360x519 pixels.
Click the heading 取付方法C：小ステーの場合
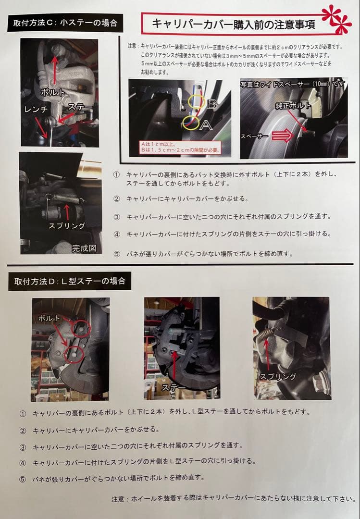click(x=65, y=23)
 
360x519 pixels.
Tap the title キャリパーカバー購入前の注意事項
click(x=234, y=24)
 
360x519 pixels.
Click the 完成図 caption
click(x=84, y=248)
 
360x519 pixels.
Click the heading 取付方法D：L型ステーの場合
click(x=69, y=281)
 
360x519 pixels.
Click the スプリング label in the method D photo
click(x=278, y=376)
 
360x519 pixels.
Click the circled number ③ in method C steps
click(x=116, y=217)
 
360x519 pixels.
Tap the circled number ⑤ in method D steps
click(x=23, y=478)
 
